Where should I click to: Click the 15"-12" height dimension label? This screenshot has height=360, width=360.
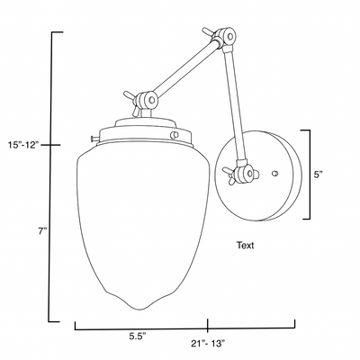coord(23,145)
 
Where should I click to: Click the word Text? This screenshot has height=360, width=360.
coord(245,244)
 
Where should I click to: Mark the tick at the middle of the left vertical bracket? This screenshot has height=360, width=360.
coord(55,143)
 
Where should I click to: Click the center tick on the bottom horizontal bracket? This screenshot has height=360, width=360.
coord(208,324)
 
